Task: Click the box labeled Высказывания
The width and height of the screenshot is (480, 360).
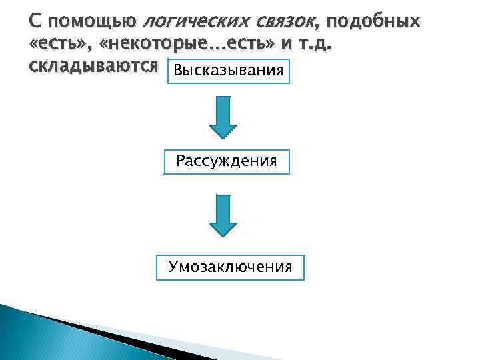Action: [229, 71]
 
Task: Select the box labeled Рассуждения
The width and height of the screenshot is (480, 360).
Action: [227, 161]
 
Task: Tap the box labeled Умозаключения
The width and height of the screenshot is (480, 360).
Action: [230, 267]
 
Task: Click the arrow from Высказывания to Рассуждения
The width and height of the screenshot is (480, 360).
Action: [223, 117]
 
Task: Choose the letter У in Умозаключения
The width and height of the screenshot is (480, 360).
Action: [173, 267]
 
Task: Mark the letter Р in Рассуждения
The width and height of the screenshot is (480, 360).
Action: [181, 161]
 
